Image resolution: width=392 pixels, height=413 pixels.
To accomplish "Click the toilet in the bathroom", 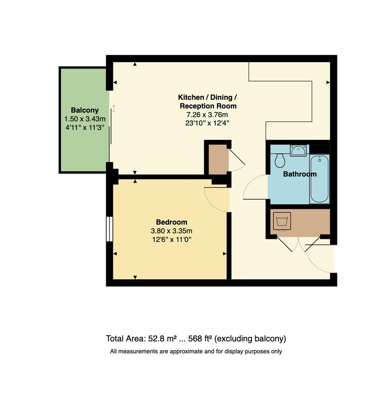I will pyautogui.click(x=280, y=161).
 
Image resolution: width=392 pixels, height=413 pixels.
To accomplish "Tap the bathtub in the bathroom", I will pyautogui.click(x=319, y=179).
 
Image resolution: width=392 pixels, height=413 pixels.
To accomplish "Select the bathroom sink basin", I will pyautogui.click(x=298, y=151).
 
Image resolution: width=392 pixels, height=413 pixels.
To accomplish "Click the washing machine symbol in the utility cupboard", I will pyautogui.click(x=283, y=221).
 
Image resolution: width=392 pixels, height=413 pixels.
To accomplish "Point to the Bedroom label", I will pyautogui.click(x=171, y=222).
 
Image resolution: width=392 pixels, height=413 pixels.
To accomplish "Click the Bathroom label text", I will pyautogui.click(x=299, y=174).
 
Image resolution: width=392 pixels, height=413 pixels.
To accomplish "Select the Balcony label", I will pyautogui.click(x=85, y=111).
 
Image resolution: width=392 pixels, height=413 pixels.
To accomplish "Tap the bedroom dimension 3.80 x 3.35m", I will pyautogui.click(x=171, y=231).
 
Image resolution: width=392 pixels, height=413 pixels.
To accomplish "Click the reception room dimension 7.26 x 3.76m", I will pyautogui.click(x=208, y=115).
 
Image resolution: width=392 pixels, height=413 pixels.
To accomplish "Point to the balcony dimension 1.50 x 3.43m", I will pyautogui.click(x=85, y=119).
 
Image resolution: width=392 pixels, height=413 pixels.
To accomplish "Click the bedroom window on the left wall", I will pyautogui.click(x=110, y=229).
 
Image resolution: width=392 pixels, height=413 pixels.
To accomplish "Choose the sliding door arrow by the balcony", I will pyautogui.click(x=114, y=109).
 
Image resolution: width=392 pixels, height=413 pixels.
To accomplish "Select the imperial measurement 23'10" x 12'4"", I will pyautogui.click(x=208, y=123).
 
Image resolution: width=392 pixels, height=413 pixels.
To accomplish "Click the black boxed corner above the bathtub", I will pyautogui.click(x=319, y=149).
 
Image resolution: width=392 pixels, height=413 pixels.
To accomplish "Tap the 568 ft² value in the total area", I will pyautogui.click(x=200, y=339).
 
